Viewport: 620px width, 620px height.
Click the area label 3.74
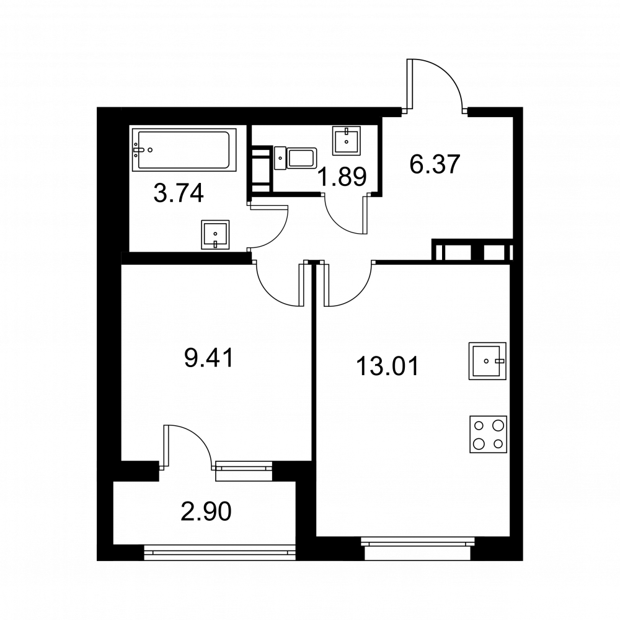(x=179, y=194)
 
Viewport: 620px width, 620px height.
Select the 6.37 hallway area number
(x=435, y=164)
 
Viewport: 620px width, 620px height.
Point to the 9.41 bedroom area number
(x=209, y=358)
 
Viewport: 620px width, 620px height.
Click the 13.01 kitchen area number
(x=387, y=366)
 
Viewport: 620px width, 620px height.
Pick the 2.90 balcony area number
(x=206, y=511)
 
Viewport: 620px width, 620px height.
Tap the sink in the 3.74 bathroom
(x=215, y=235)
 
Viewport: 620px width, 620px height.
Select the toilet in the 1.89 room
(x=295, y=158)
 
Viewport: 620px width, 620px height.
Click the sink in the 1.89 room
(x=347, y=140)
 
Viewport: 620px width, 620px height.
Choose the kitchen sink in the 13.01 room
(x=487, y=361)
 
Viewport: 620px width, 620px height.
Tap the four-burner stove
(x=489, y=434)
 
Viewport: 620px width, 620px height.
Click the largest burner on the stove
(x=498, y=426)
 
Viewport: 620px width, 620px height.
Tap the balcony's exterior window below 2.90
(x=220, y=552)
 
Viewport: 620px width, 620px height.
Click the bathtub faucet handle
(x=138, y=150)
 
